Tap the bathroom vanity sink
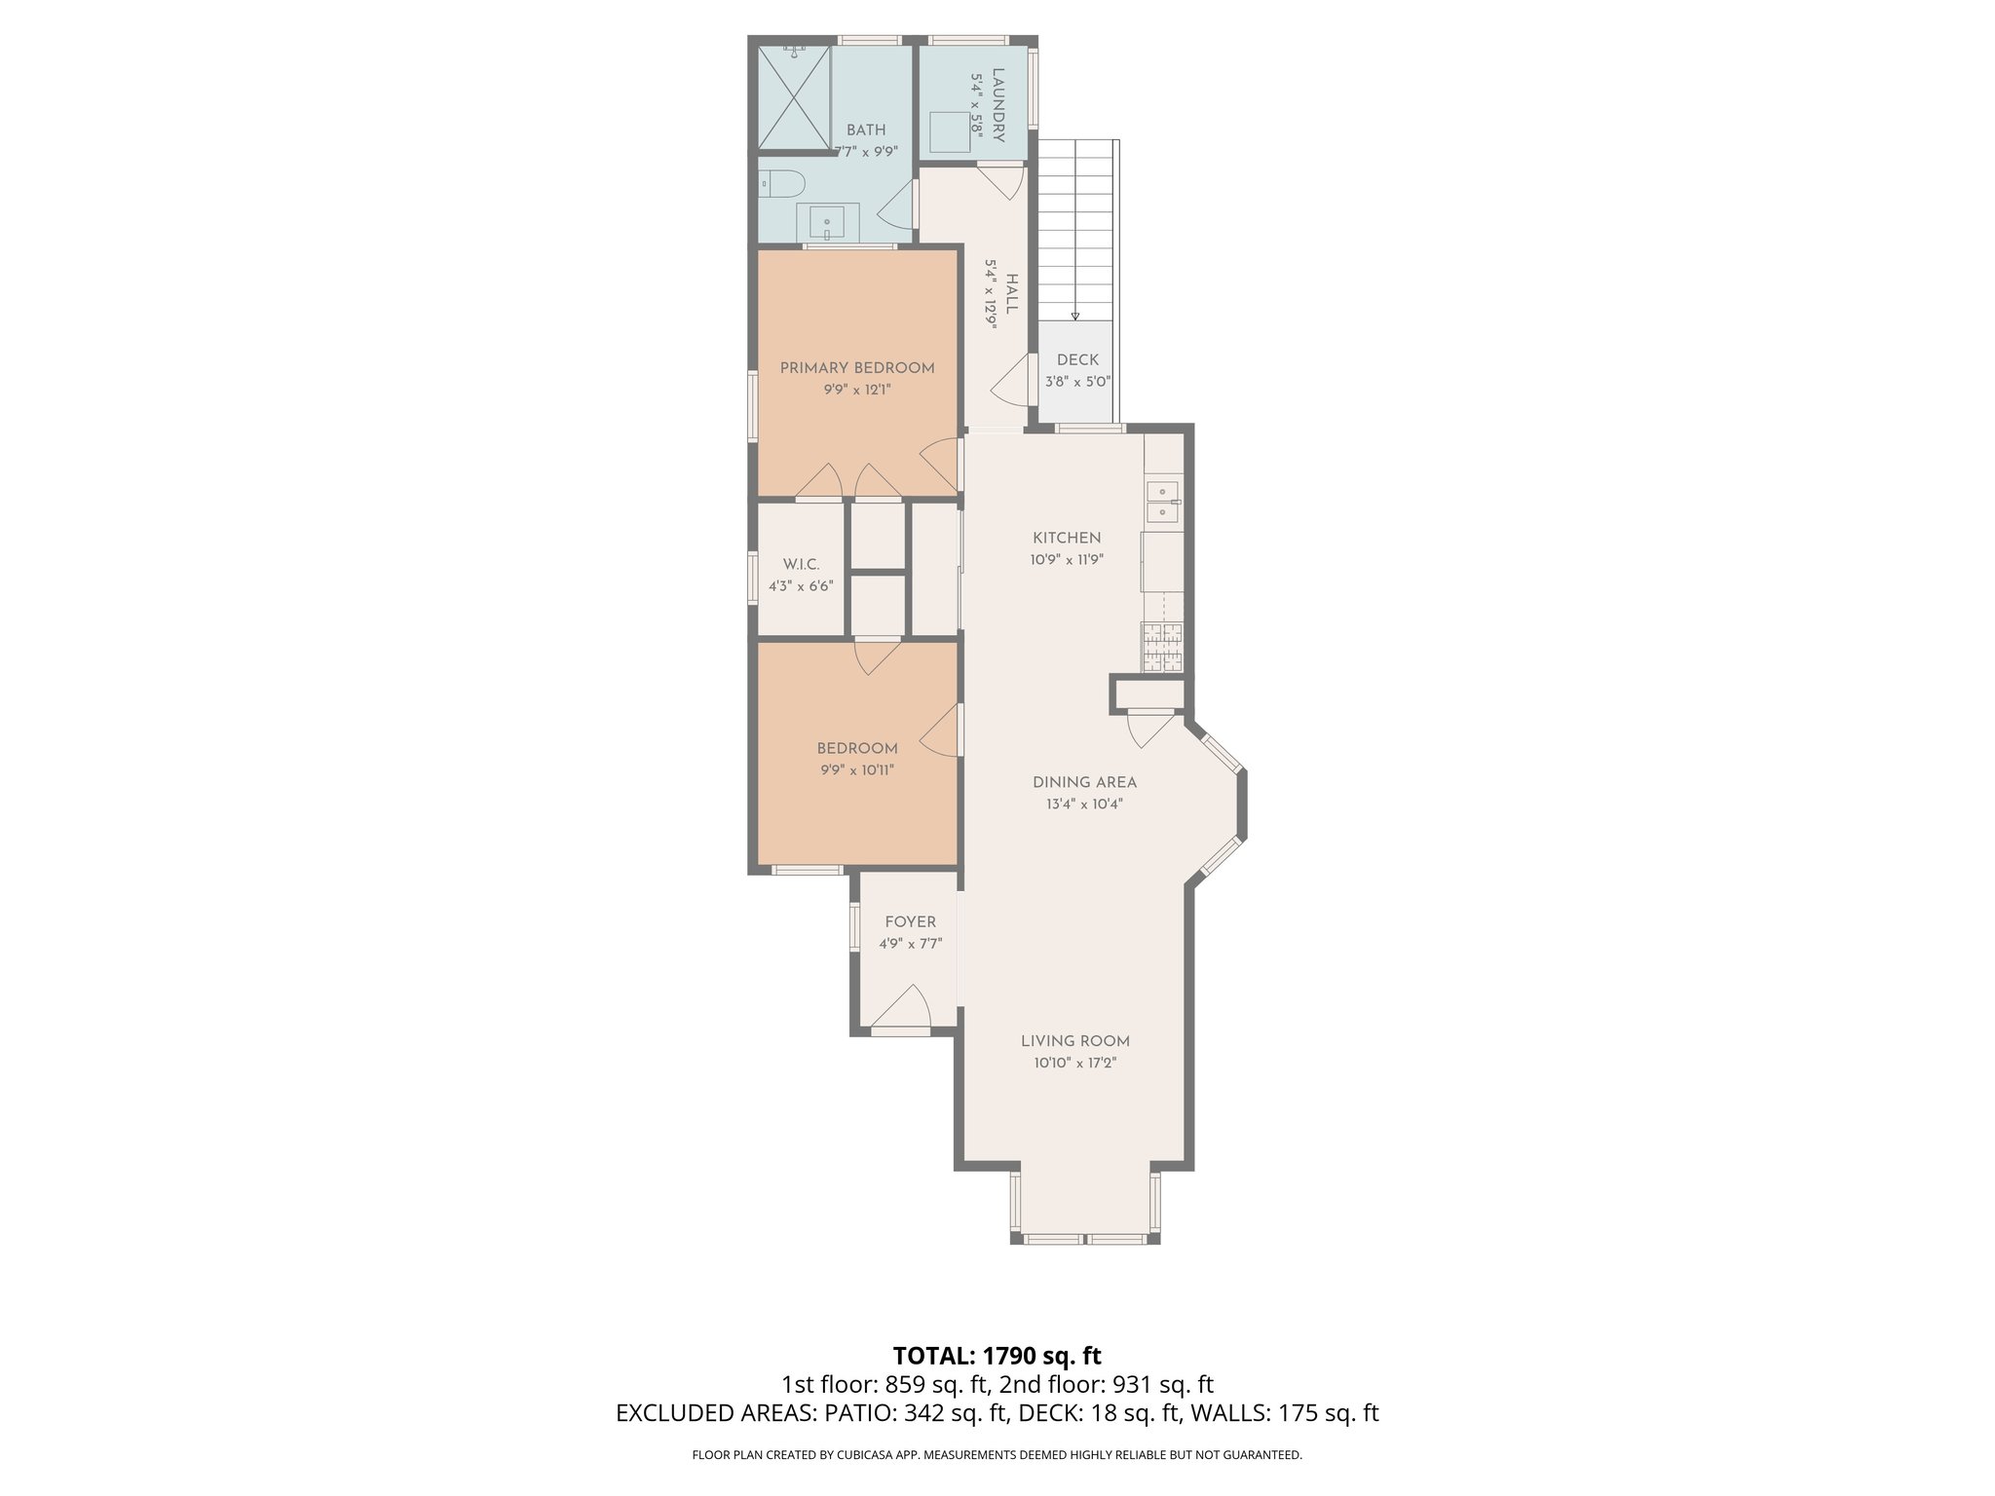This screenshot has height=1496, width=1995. pos(827,223)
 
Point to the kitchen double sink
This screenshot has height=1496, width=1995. pos(1162,503)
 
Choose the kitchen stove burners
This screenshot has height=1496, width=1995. pos(1162,648)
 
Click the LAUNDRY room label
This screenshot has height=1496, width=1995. pos(997,104)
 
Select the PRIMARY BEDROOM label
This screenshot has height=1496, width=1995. pos(857,368)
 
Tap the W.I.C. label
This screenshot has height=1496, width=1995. pos(801,565)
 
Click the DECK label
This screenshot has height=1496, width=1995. pos(1077,360)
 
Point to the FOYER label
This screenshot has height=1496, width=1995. pos(910,922)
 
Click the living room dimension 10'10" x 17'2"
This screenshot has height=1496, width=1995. pos(1075,1064)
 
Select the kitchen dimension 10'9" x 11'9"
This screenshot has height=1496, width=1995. pos(1067,560)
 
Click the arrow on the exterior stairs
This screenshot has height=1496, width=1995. pos(1075,315)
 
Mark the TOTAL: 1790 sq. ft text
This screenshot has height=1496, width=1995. pos(997,1356)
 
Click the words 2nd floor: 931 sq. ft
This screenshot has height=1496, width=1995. pos(1107,1385)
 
